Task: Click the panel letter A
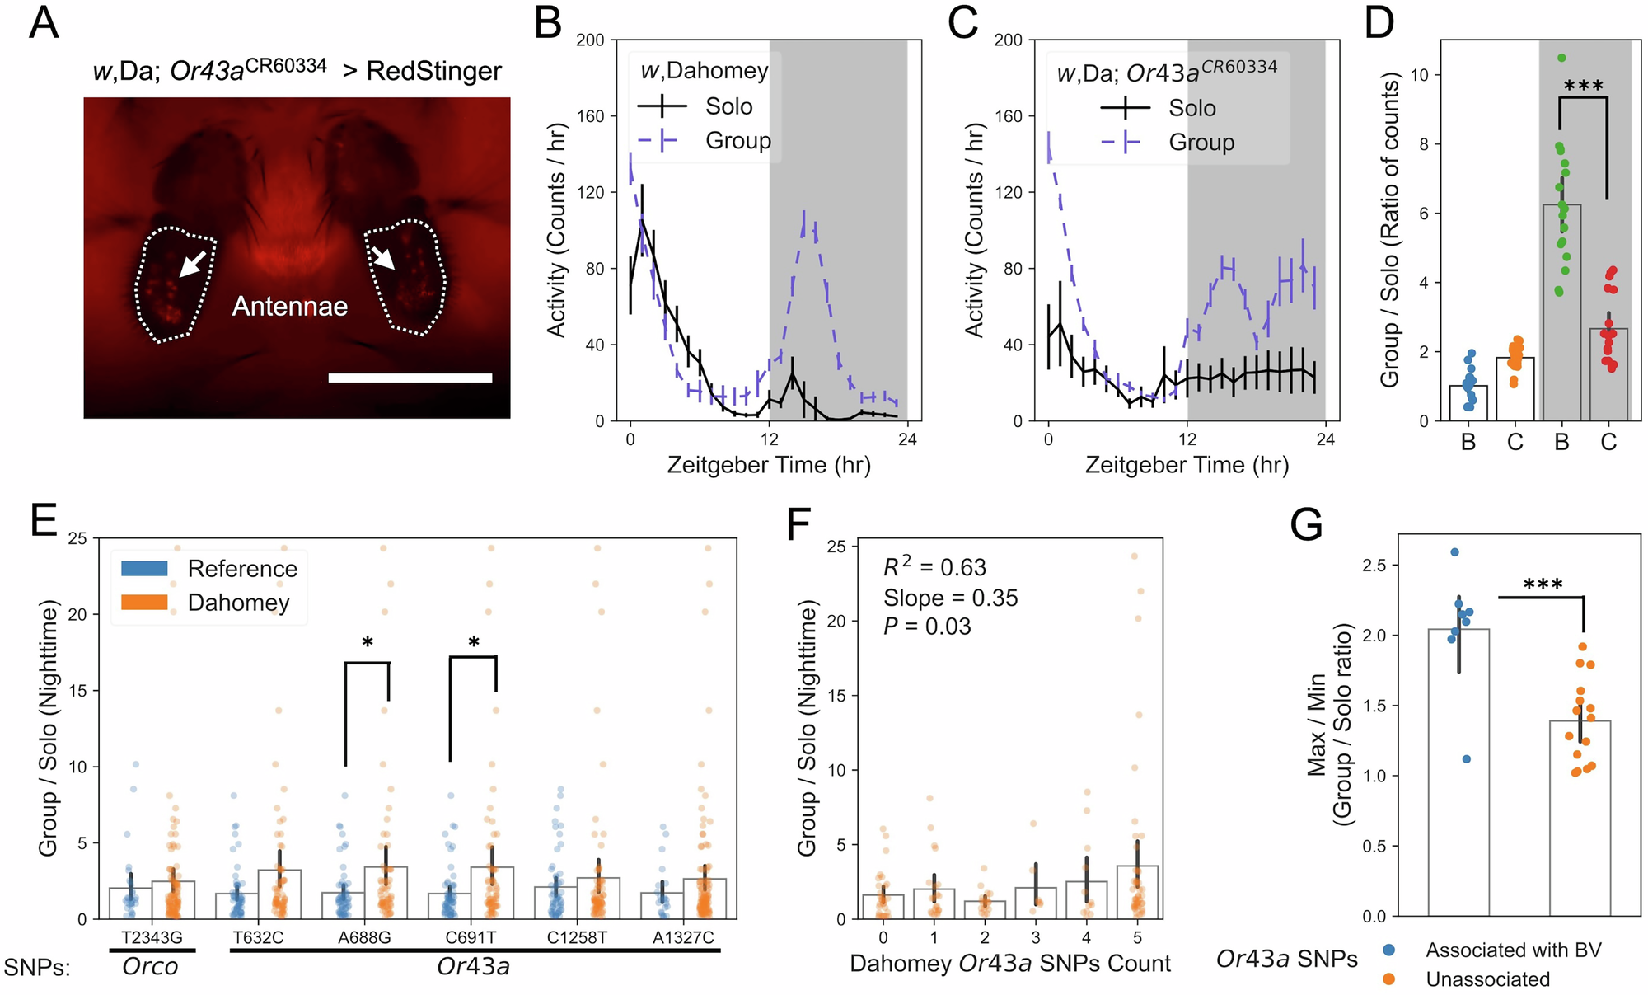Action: tap(44, 23)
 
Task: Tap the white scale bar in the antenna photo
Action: tap(410, 378)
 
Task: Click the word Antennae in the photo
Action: tap(289, 307)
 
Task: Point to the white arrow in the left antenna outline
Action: tap(193, 264)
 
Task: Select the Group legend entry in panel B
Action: tap(737, 141)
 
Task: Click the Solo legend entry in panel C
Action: tap(1192, 108)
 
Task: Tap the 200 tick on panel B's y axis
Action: tap(590, 40)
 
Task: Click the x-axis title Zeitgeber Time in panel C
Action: tap(1186, 466)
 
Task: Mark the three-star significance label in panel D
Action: tap(1583, 86)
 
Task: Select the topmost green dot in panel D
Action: tap(1561, 58)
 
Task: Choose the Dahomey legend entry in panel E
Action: tap(238, 603)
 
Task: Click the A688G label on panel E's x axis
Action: tap(364, 937)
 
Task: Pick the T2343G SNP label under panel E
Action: tap(152, 937)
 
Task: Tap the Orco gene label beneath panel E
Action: tap(150, 966)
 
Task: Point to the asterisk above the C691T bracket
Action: tap(474, 642)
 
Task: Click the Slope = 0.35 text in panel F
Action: tap(950, 598)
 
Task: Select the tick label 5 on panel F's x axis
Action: tap(1137, 937)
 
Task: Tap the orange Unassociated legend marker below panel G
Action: tap(1389, 979)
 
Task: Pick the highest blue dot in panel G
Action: tap(1454, 552)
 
